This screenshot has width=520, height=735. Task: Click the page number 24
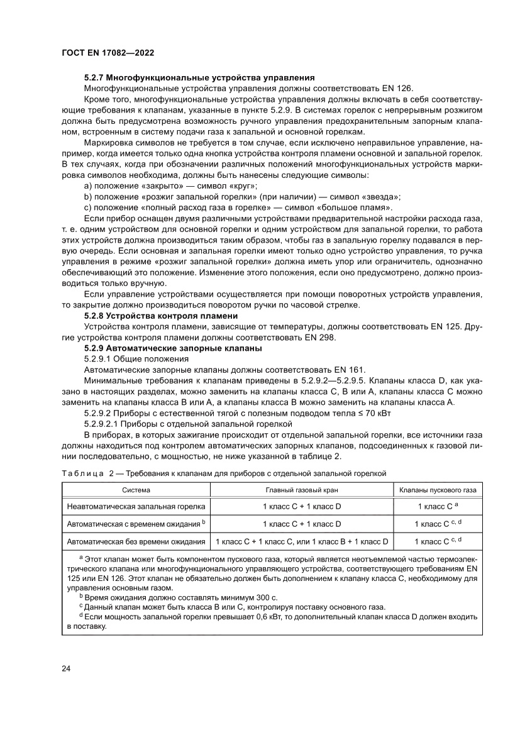[x=66, y=668]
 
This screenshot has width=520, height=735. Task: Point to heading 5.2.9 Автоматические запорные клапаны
[x=173, y=348]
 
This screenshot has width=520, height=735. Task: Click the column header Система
[x=136, y=489]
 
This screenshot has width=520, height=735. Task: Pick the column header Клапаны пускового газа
[x=438, y=489]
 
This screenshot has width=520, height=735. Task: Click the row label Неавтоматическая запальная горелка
[x=136, y=506]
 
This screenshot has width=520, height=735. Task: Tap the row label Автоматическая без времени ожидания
[x=136, y=541]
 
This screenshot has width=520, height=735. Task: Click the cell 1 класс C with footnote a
[x=438, y=506]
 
